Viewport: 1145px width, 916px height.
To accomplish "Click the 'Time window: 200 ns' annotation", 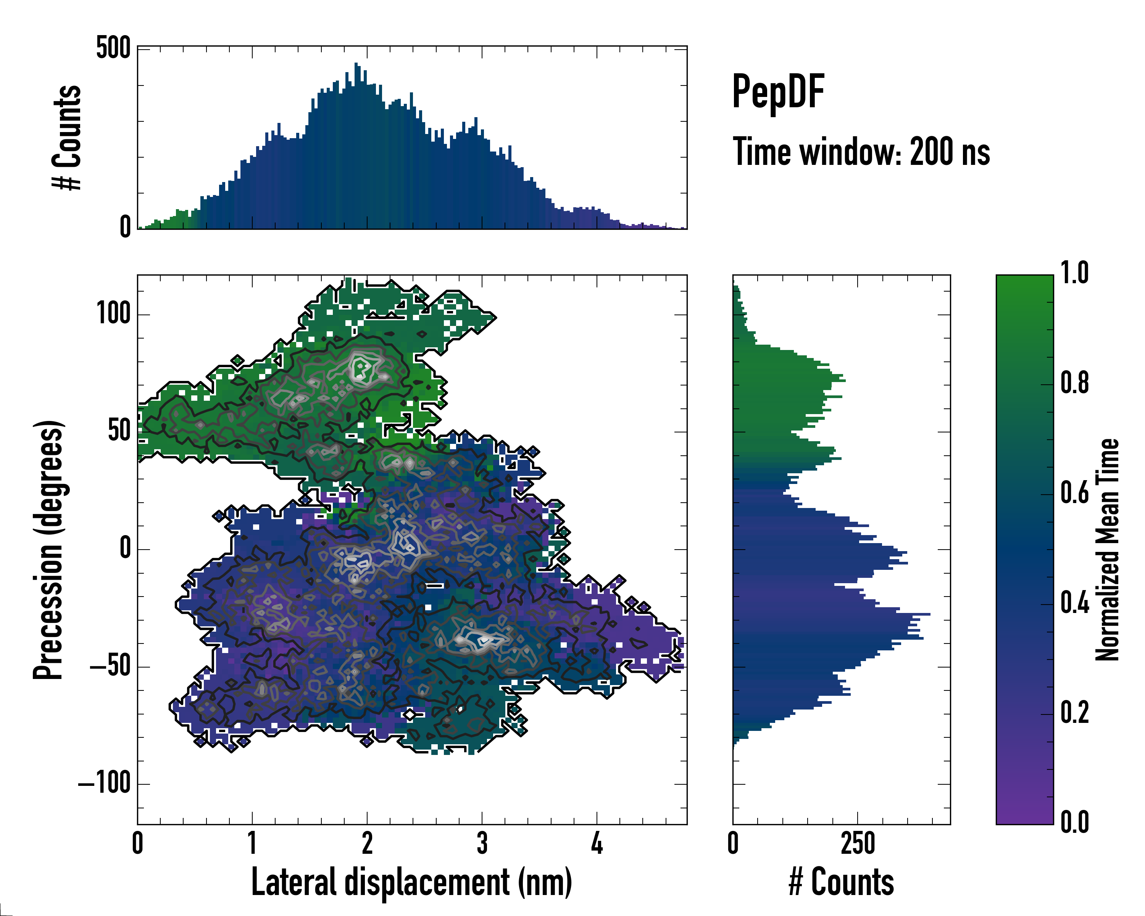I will pos(861,152).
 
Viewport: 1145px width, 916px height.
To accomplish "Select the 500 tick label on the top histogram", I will pos(113,49).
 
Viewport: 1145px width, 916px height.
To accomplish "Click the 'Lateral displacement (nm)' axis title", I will pos(411,882).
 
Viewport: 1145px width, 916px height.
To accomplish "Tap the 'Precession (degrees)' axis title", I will pos(49,550).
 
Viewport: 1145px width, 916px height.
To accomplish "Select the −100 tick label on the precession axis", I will pos(105,783).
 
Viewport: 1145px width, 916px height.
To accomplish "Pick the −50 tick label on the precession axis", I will pos(110,666).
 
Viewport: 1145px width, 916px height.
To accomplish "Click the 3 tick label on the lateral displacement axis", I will pos(482,843).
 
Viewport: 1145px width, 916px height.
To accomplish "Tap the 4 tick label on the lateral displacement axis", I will pos(597,843).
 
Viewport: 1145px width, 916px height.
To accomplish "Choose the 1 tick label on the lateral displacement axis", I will pos(252,843).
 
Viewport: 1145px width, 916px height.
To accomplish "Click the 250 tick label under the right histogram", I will pos(858,843).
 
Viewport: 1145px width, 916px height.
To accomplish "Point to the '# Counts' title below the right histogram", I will pos(841,882).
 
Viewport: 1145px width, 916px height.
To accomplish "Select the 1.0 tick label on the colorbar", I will pos(1074,273).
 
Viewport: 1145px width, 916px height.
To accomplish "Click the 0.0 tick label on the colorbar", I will pos(1074,821).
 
